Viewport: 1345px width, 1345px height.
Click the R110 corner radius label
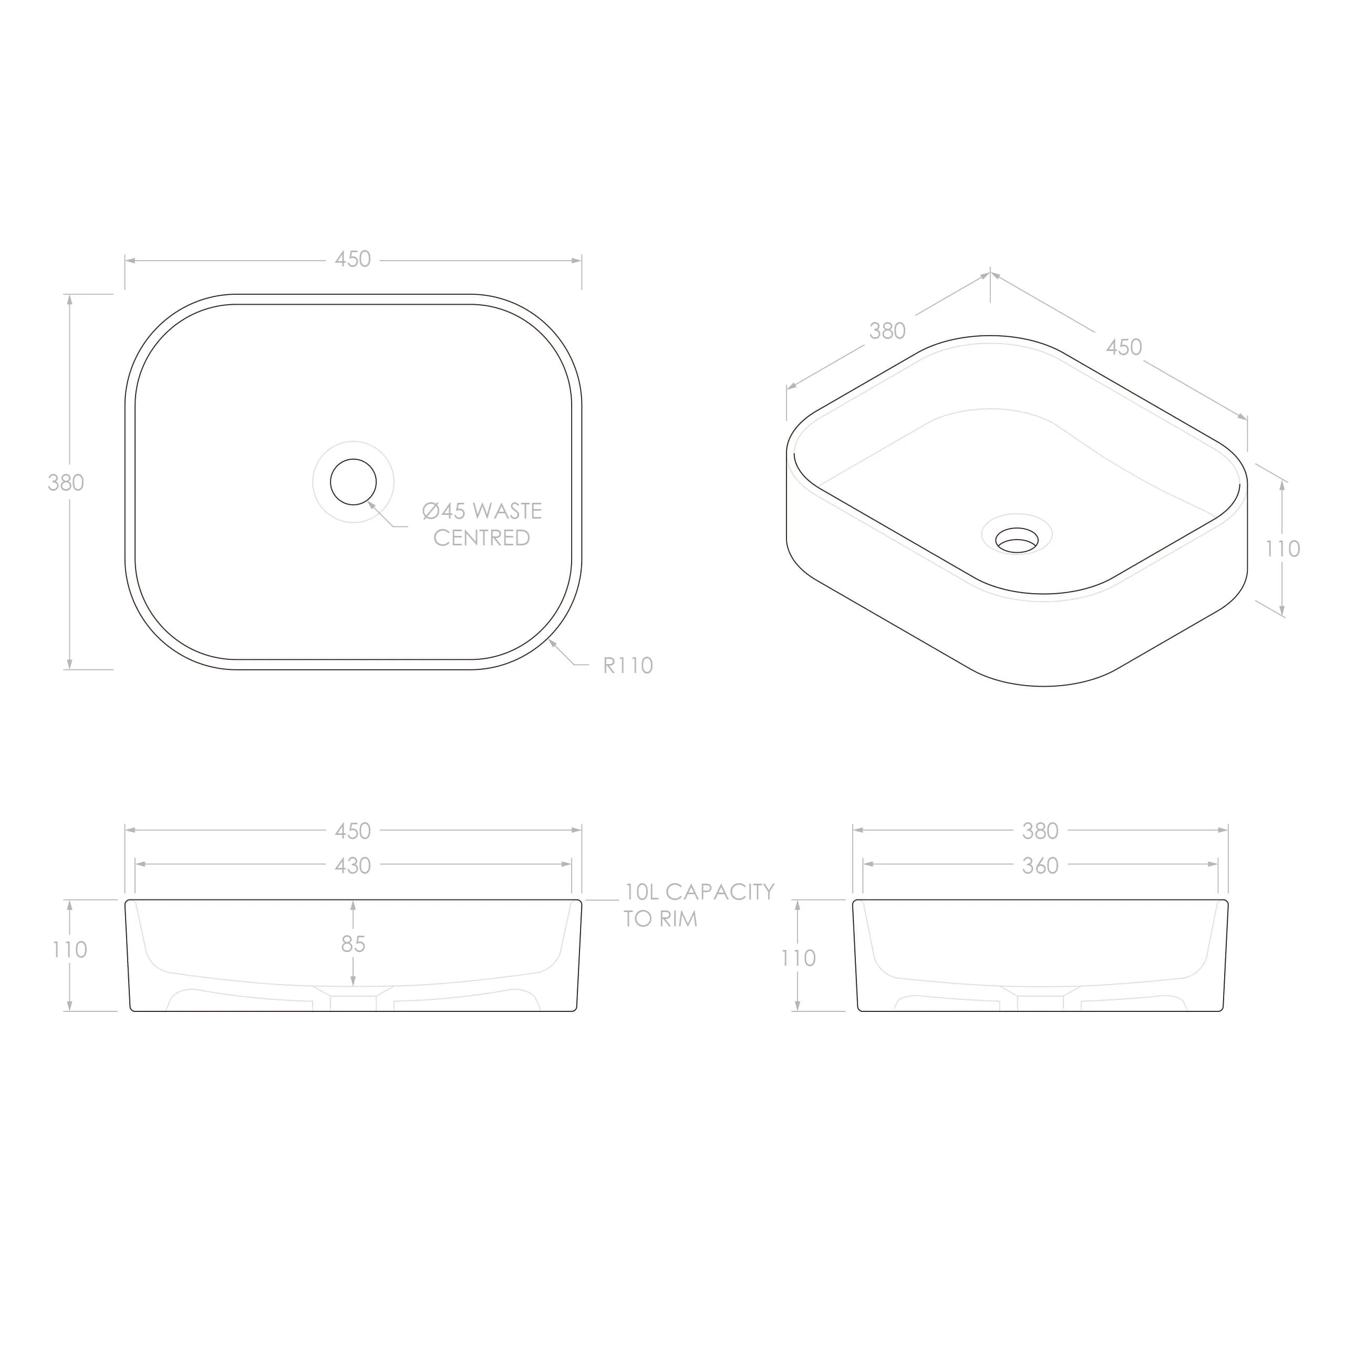tap(627, 666)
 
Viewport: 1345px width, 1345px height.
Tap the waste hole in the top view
tap(353, 482)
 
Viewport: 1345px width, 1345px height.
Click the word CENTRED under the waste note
tap(482, 537)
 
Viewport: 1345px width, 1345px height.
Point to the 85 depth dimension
tap(353, 944)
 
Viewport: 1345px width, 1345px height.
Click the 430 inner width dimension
tap(353, 865)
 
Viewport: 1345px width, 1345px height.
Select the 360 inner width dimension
tap(1040, 865)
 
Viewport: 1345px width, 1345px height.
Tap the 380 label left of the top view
tap(66, 482)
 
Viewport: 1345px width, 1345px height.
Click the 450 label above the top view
tap(353, 259)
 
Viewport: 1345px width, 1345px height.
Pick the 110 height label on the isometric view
tap(1282, 549)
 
